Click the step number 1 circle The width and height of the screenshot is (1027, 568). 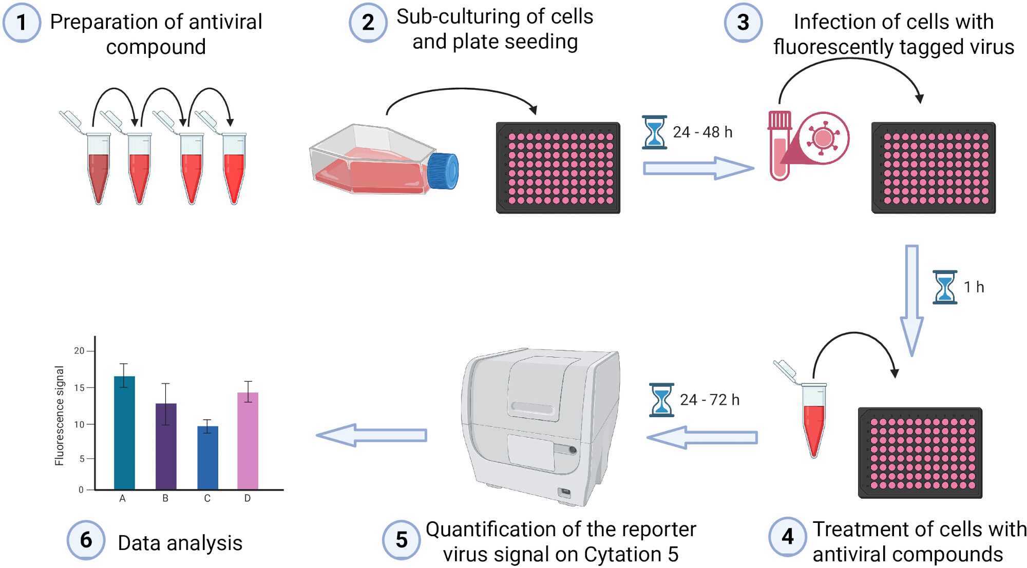22,23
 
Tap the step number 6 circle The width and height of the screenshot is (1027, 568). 86,540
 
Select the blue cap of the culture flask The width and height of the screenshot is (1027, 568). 443,171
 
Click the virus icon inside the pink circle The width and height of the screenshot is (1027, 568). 823,138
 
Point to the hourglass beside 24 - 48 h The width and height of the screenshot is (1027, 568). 654,132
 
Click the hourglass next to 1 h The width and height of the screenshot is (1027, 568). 945,287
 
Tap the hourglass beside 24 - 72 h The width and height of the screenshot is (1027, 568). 661,400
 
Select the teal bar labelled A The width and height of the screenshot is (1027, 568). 124,433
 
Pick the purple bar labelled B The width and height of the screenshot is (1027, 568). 166,446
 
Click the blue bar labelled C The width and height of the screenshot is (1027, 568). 207,458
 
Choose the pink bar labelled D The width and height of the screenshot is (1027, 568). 248,441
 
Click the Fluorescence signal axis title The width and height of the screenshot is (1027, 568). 60,416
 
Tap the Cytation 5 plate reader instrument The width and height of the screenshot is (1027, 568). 542,426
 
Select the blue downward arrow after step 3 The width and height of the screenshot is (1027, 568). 912,300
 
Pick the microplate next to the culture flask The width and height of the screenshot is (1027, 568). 558,168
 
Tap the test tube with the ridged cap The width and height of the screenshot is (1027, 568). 779,146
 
